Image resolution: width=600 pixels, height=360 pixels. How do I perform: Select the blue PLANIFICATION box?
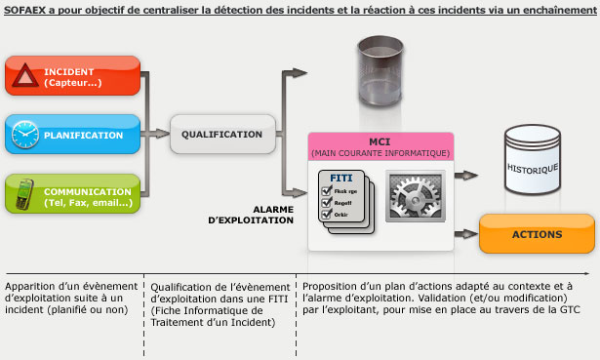coord(74,135)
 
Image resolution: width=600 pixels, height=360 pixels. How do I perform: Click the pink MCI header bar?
coord(380,146)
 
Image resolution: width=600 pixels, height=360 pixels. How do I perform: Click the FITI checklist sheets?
coord(344,201)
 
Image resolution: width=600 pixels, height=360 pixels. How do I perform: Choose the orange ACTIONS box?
coord(536,235)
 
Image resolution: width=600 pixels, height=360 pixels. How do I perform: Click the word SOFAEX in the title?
coord(29,9)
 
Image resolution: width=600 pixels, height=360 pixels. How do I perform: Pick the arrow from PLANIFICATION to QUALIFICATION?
coord(156,134)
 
